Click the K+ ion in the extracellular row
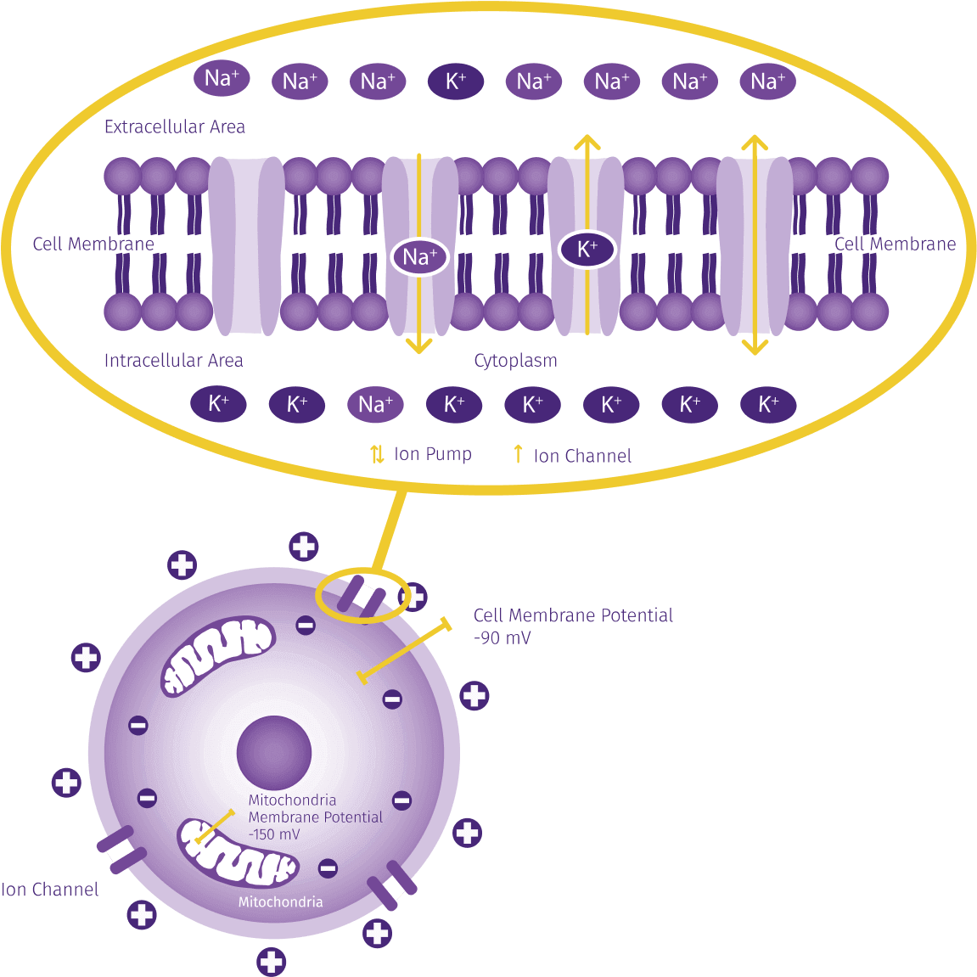[x=456, y=81]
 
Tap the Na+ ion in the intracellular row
[x=375, y=404]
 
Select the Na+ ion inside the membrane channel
[x=420, y=256]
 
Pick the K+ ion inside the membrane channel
[x=587, y=250]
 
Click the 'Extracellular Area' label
[x=175, y=127]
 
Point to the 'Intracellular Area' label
[x=173, y=361]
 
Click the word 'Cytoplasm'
[x=515, y=361]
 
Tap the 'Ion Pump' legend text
[x=433, y=454]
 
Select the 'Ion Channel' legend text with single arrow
[x=582, y=456]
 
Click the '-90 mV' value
[x=503, y=638]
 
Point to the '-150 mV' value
[x=274, y=834]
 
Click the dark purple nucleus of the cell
[x=274, y=752]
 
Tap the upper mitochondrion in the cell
[x=218, y=654]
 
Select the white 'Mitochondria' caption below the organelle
[x=280, y=901]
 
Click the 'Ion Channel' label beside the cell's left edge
[x=50, y=890]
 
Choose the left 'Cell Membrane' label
[x=93, y=244]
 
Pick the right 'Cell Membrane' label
[x=895, y=244]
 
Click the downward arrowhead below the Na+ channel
[x=418, y=345]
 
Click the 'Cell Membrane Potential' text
[x=573, y=615]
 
